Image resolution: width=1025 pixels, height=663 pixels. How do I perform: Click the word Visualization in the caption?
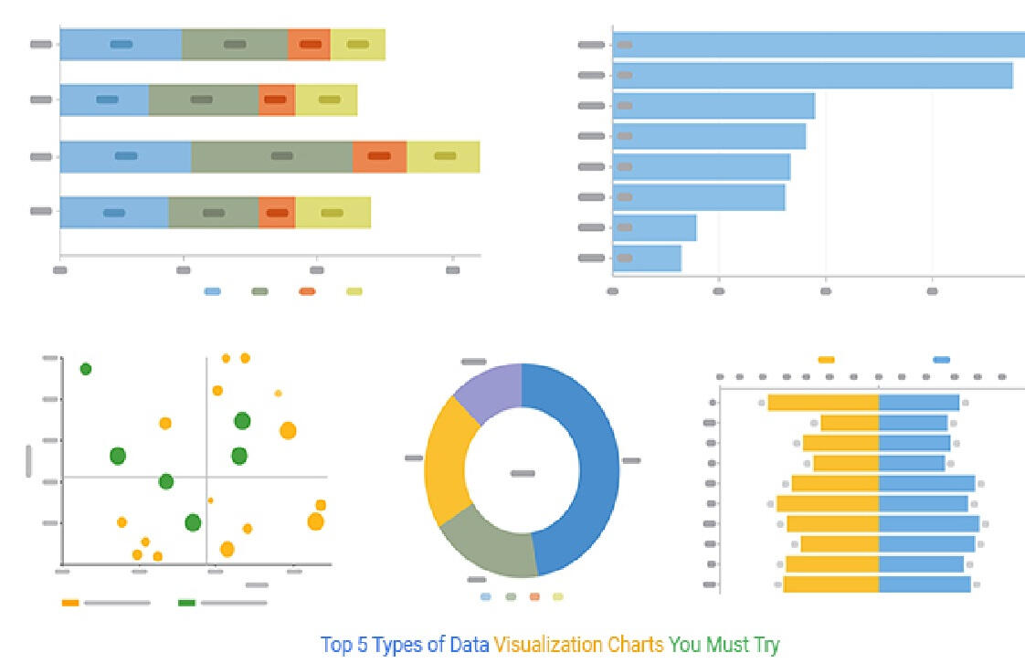[x=549, y=645]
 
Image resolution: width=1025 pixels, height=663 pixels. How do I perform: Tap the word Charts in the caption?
[x=636, y=645]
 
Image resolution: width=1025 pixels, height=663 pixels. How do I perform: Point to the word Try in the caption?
[x=766, y=645]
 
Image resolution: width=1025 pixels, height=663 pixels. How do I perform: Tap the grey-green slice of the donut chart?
[x=493, y=546]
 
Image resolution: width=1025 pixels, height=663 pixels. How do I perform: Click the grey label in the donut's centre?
[x=523, y=473]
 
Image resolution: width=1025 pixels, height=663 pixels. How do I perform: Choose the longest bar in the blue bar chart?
[x=819, y=45]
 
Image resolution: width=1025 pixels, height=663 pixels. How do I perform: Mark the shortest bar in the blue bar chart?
[x=647, y=258]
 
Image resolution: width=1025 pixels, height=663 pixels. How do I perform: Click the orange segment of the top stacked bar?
[x=309, y=44]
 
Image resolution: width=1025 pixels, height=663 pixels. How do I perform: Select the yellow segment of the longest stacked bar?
[x=443, y=157]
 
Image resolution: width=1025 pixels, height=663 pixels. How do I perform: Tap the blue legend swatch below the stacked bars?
[x=213, y=291]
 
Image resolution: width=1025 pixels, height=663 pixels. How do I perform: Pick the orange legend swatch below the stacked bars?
[x=307, y=291]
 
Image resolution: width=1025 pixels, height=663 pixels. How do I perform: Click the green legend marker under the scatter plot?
[x=186, y=603]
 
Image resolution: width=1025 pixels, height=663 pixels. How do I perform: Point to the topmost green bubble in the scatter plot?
[x=86, y=369]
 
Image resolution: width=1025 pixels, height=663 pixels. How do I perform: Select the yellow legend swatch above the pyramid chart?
[x=826, y=360]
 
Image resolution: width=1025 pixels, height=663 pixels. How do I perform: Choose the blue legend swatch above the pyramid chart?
[x=941, y=360]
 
